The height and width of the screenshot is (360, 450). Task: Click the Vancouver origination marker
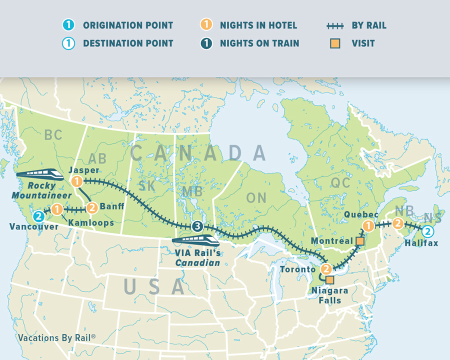point(38,216)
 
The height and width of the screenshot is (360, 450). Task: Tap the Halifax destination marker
point(427,231)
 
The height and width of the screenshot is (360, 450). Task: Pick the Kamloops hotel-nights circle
point(57,209)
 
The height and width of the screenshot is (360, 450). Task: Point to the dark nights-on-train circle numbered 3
point(198,227)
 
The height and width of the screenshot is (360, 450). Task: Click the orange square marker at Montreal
point(359,241)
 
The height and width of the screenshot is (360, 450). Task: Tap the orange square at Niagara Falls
point(329,280)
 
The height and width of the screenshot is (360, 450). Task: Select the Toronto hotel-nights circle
point(326,269)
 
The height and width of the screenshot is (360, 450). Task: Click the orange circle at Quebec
point(368,225)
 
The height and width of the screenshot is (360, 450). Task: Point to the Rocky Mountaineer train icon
point(40,175)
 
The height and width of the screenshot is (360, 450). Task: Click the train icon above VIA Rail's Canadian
point(196,241)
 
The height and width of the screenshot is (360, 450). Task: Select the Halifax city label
point(421,243)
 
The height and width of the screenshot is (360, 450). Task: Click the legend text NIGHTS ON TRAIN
point(259,43)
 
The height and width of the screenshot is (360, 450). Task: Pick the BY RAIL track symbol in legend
point(335,25)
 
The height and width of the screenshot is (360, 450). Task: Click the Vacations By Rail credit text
point(56,337)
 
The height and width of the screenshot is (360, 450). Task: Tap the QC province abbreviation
point(341,183)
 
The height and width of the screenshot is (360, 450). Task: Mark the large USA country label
point(154,286)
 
